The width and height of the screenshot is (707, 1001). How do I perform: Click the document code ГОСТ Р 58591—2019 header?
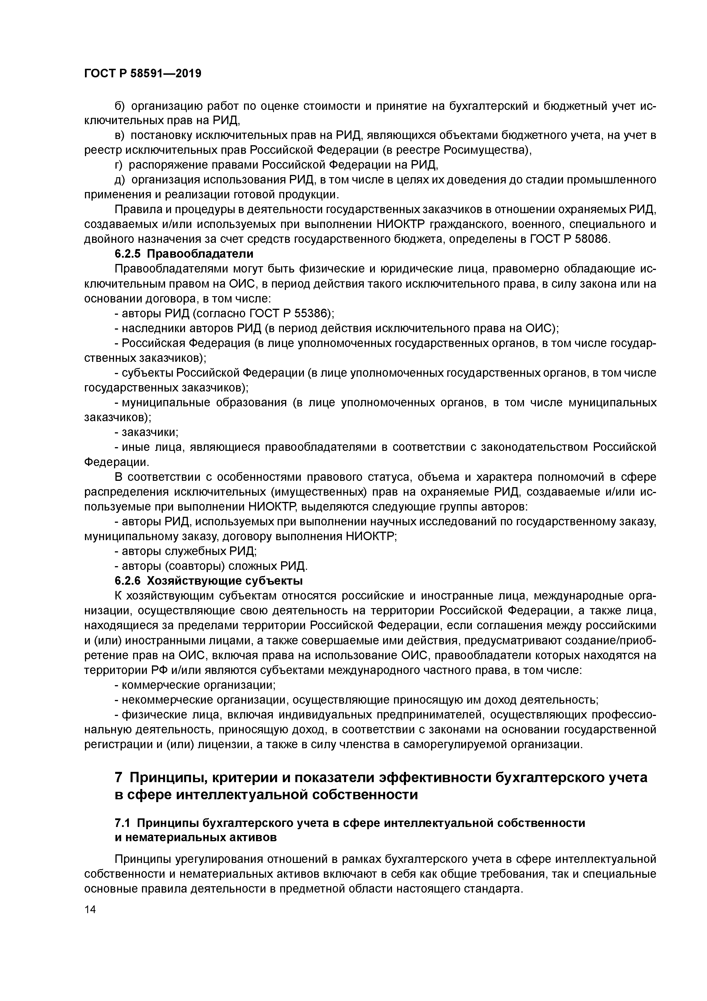(143, 73)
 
